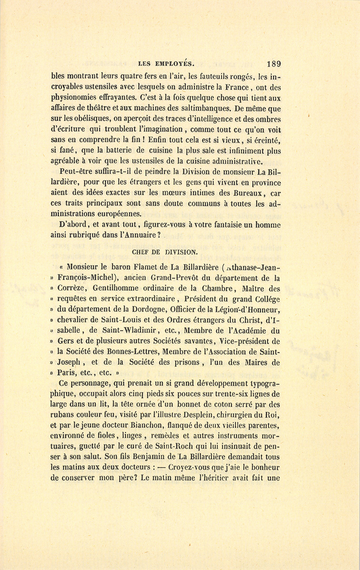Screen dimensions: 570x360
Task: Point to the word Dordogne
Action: (145, 310)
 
